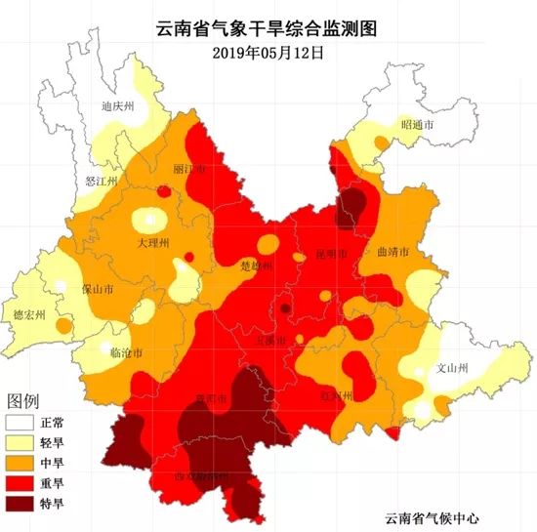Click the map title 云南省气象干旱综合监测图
pyautogui.click(x=268, y=29)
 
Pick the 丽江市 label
pyautogui.click(x=188, y=169)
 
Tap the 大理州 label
pyautogui.click(x=153, y=242)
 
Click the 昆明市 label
pyautogui.click(x=332, y=254)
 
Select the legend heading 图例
pyautogui.click(x=23, y=401)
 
